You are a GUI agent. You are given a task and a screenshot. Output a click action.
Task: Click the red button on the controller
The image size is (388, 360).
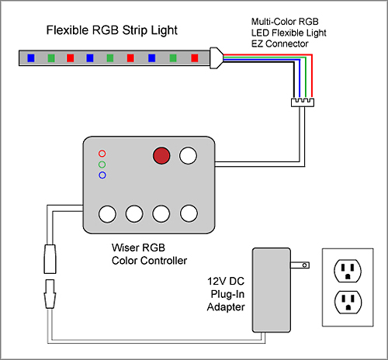[161, 156]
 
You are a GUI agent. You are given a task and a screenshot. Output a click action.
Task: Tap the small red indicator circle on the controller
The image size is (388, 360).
[102, 154]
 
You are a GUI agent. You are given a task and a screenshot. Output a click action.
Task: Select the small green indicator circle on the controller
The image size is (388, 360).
[102, 164]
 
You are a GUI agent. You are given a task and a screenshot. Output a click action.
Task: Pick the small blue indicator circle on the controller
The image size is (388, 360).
[102, 175]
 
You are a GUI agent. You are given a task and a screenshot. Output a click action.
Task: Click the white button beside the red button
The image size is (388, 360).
[188, 155]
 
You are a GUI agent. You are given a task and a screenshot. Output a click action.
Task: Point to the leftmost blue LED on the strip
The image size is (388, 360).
[31, 58]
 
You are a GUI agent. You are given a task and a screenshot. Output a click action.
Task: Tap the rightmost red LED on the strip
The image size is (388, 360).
[195, 58]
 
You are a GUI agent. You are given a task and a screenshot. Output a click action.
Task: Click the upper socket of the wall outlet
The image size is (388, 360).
[348, 271]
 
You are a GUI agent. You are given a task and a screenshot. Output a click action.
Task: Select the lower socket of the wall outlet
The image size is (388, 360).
[348, 302]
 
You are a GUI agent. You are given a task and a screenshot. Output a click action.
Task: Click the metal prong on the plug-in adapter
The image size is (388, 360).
[300, 265]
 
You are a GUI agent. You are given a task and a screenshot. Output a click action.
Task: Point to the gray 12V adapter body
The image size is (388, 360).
[272, 290]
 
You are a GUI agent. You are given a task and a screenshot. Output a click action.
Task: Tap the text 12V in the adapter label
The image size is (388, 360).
[215, 282]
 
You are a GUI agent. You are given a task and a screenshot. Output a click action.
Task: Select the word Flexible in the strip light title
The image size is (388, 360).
[68, 30]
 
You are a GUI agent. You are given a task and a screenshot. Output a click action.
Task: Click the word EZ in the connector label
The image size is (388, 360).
[257, 43]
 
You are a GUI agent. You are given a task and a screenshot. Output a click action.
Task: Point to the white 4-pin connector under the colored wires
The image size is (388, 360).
[303, 102]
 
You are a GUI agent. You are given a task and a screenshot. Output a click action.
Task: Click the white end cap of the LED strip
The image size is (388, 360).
[217, 58]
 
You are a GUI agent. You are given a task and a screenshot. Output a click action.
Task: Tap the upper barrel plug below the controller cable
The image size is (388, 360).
[50, 259]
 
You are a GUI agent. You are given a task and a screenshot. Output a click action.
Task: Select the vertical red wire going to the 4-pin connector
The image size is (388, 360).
[312, 77]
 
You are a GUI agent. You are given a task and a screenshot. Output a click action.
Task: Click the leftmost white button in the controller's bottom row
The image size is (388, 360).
[107, 214]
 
